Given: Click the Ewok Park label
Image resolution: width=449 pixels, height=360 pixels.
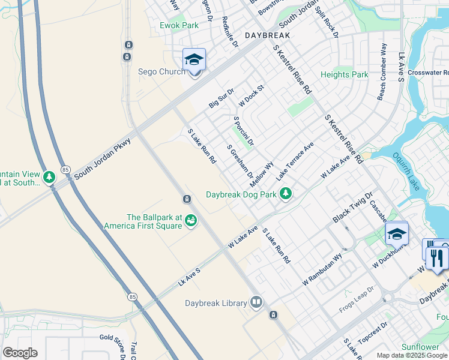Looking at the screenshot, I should coord(179,26).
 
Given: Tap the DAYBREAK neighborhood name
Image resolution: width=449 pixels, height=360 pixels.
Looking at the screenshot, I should coord(267,36).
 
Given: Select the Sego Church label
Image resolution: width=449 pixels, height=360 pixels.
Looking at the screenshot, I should coord(162,72).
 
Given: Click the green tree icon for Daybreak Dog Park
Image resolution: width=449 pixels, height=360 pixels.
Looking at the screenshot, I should coord(286,193).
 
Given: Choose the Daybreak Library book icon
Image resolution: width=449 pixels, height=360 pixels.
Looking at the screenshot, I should coord(256,302).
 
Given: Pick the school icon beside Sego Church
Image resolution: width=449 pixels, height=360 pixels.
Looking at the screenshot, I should coord(194,60).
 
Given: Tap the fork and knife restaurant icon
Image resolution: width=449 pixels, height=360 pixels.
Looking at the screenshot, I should coord(437,258).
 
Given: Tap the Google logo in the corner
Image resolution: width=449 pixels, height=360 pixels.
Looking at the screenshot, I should coord(20,353).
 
